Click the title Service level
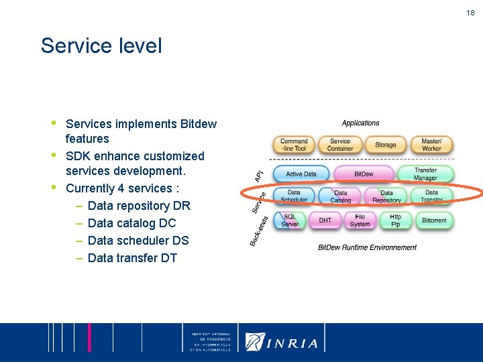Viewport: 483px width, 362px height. point(101,46)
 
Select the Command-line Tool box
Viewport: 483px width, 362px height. point(294,145)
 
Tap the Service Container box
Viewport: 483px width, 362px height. point(339,145)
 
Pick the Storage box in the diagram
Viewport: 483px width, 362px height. point(385,145)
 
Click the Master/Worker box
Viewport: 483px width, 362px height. point(431,145)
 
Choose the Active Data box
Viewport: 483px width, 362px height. point(301,174)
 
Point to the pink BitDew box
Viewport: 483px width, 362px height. point(364,174)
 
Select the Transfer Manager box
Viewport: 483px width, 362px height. point(425,174)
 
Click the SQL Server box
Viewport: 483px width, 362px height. point(290,221)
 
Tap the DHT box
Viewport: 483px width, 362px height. point(325,221)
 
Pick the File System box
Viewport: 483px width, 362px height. point(360,221)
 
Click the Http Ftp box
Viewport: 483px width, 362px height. point(395,221)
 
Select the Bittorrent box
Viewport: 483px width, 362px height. point(434,221)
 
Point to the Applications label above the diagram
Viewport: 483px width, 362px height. point(360,123)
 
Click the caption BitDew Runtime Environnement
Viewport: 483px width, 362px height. point(367,247)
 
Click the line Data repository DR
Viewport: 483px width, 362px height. point(139,206)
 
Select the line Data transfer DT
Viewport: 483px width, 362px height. point(132,258)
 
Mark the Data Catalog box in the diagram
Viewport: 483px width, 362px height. point(340,196)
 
